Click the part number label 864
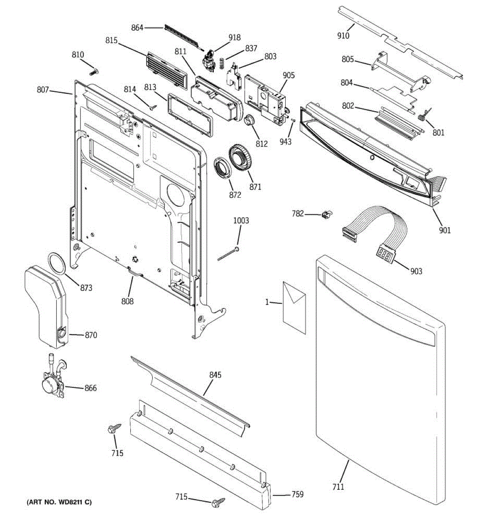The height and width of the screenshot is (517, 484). click(137, 27)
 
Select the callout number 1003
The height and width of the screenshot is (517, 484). click(241, 221)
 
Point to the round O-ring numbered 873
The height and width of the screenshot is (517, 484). click(56, 263)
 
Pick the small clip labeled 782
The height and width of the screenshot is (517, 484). click(327, 214)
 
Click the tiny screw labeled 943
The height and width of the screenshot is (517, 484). click(293, 120)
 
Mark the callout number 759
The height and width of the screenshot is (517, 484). click(297, 494)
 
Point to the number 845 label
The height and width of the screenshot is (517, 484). click(215, 375)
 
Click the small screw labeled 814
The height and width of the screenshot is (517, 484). click(153, 107)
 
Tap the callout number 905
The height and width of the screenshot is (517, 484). click(289, 75)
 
